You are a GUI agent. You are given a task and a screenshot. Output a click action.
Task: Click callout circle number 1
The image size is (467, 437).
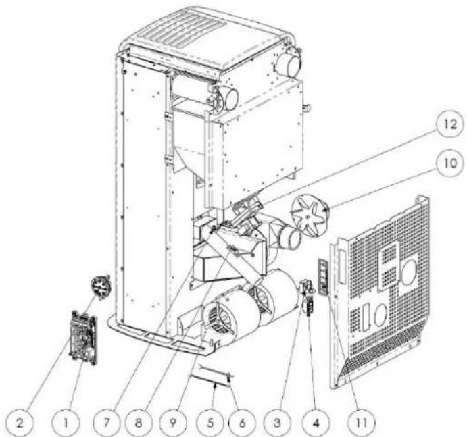pos(66,422)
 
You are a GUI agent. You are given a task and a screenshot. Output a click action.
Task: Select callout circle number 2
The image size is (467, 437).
pos(21,422)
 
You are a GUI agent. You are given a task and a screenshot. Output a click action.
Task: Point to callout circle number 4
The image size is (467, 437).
pos(316,422)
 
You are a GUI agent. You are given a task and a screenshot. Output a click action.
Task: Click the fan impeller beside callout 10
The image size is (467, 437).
pos(308,212)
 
